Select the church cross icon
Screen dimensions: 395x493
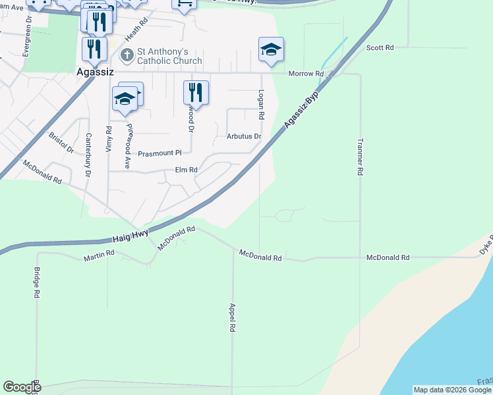point(128,51)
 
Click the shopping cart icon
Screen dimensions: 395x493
point(185,4)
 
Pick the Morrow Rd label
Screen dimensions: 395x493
point(310,74)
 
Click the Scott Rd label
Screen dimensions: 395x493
point(380,48)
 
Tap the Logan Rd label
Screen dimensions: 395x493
point(262,105)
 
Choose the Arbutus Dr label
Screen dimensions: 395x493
point(244,137)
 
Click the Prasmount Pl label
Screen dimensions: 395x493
point(159,153)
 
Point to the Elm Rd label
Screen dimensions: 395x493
point(187,170)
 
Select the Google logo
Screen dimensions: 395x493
point(22,387)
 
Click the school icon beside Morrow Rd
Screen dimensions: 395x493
point(271,49)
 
